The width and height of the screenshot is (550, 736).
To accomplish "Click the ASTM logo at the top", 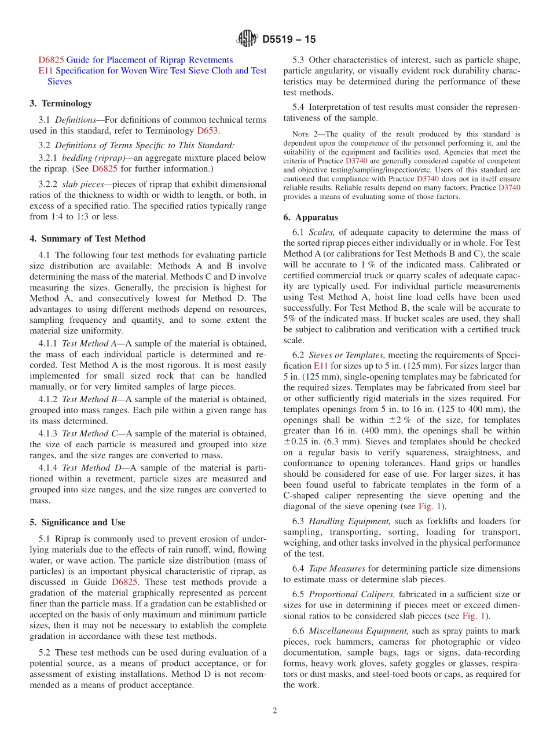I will [x=247, y=39].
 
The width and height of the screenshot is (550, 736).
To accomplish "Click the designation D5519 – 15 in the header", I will [x=289, y=40].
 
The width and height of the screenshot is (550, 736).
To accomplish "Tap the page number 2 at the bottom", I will [x=275, y=711].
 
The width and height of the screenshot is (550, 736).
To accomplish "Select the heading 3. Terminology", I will [x=61, y=104].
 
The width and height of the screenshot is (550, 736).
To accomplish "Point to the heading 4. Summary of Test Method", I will [x=87, y=238].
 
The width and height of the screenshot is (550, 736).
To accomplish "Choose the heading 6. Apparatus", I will [x=310, y=218].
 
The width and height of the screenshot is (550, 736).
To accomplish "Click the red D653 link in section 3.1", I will [x=208, y=131].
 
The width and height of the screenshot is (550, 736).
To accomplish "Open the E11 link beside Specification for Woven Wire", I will [x=45, y=71].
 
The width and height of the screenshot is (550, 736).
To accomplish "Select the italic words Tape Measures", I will [x=337, y=569].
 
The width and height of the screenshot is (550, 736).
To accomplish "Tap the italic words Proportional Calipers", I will [x=353, y=594].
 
